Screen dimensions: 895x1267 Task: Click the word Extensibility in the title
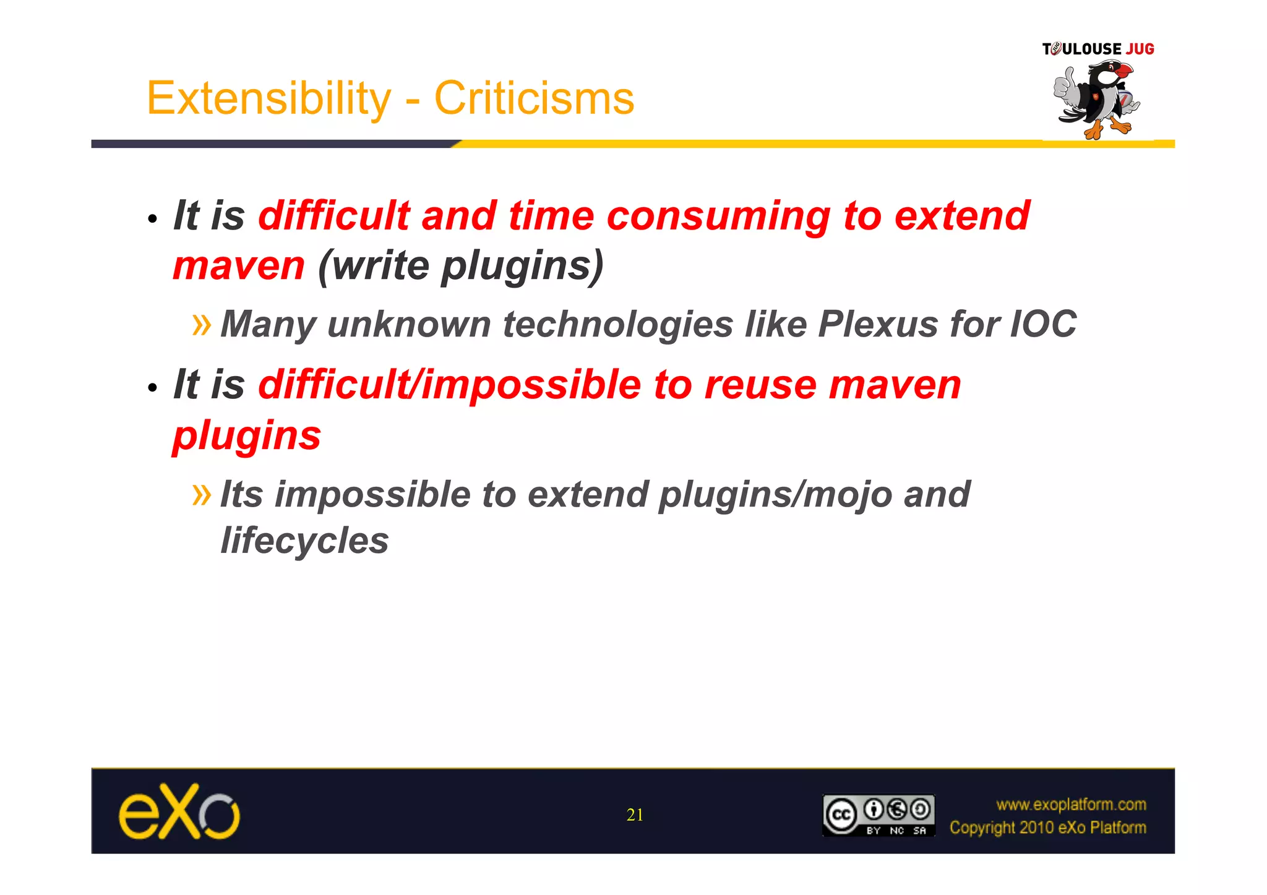[x=268, y=99]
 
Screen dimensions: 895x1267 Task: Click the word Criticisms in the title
[x=534, y=99]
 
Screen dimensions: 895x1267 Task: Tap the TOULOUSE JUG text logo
[x=1098, y=49]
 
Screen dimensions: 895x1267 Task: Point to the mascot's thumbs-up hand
[x=1065, y=87]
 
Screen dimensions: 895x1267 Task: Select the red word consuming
[x=718, y=216]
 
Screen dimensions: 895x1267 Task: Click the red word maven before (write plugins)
[x=239, y=266]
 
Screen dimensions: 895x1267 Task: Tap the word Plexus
[x=878, y=324]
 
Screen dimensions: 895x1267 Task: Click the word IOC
[x=1043, y=324]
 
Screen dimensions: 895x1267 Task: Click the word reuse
[x=760, y=385]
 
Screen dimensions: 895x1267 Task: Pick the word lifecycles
[x=304, y=541]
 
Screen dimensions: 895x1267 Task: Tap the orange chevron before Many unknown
[x=202, y=324]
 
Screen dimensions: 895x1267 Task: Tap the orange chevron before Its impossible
[x=202, y=494]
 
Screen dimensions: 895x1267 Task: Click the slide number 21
[x=635, y=815]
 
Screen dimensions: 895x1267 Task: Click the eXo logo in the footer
[x=179, y=812]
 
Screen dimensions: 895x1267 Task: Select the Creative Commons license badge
[x=878, y=815]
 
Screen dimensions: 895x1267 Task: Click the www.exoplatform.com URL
[x=1071, y=805]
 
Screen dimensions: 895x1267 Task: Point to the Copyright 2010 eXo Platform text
[x=1048, y=828]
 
